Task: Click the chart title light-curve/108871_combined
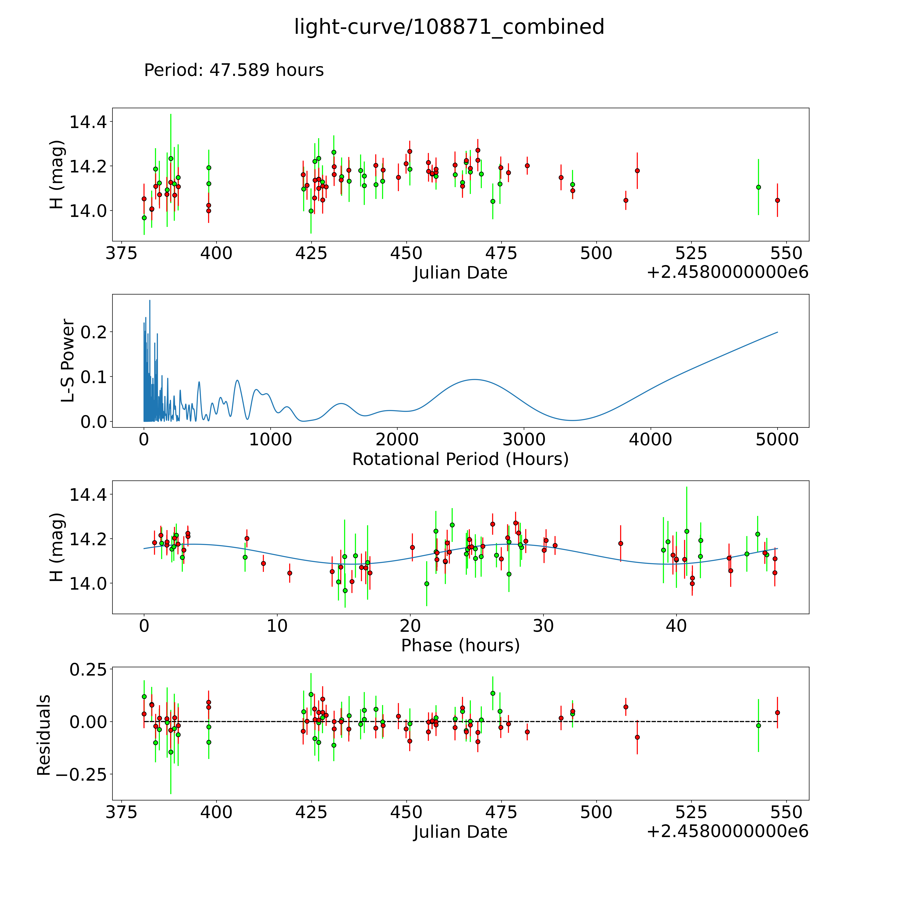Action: click(x=449, y=27)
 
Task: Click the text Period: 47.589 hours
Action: click(x=234, y=70)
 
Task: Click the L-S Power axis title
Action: click(x=68, y=361)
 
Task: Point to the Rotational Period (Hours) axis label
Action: click(x=460, y=459)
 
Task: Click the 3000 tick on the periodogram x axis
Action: click(x=524, y=440)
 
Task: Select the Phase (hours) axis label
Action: click(x=460, y=645)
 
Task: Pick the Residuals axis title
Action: click(x=44, y=735)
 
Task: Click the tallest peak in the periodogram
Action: click(x=149, y=301)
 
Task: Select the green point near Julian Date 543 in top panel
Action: click(x=758, y=187)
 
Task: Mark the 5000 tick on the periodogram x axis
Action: click(x=777, y=440)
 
